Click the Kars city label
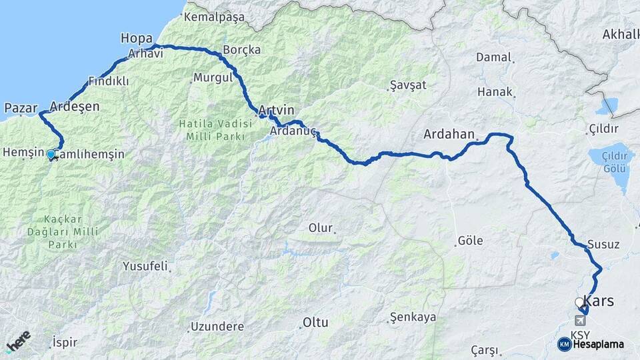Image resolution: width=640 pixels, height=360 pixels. coord(599,301)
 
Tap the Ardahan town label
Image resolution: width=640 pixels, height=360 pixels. coord(449,134)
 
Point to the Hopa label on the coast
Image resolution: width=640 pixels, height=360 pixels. coord(137,39)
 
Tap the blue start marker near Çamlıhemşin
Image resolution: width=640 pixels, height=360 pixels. coord(51,155)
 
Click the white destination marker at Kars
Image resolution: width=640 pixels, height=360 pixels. coord(579,303)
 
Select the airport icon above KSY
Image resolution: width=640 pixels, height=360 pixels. coord(579,321)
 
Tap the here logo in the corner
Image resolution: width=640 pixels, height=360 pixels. coord(19,342)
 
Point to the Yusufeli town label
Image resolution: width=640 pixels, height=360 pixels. coord(145,266)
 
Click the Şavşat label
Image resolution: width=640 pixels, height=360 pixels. coord(407,85)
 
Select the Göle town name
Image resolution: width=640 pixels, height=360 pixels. coord(470,241)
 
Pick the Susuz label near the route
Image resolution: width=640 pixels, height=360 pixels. coord(603,245)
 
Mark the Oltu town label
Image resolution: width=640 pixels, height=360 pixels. coord(315,323)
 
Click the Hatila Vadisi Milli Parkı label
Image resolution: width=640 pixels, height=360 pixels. coord(215,129)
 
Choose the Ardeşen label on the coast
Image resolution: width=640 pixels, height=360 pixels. coord(75,107)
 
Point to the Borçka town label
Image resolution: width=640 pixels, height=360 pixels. coord(242,50)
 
